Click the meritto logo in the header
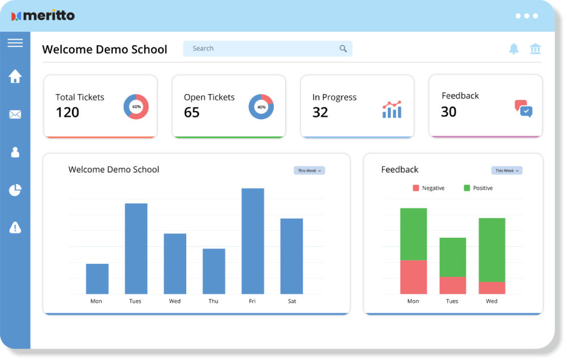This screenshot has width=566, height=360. tap(43, 15)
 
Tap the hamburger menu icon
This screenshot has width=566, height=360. tap(15, 43)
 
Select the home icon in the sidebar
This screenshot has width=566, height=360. tap(15, 76)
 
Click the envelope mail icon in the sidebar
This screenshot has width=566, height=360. tap(15, 115)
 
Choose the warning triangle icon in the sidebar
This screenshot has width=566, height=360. tap(15, 228)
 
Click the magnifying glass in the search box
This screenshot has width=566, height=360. tap(343, 49)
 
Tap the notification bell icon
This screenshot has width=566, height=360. tap(514, 49)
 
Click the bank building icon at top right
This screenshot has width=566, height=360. tap(535, 49)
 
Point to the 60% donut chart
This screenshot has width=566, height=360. tap(136, 106)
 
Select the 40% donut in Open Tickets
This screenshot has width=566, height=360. tap(261, 106)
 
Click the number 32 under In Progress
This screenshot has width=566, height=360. tap(320, 112)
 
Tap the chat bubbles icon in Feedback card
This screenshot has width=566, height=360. tap(524, 108)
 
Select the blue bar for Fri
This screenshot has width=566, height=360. tap(252, 241)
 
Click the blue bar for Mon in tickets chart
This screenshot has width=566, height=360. tap(97, 278)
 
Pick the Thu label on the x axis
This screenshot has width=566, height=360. tap(213, 301)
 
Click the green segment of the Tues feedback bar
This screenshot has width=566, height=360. tap(453, 257)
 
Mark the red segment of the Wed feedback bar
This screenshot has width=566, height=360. tap(492, 288)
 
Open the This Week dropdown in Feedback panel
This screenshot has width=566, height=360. tap(507, 170)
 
